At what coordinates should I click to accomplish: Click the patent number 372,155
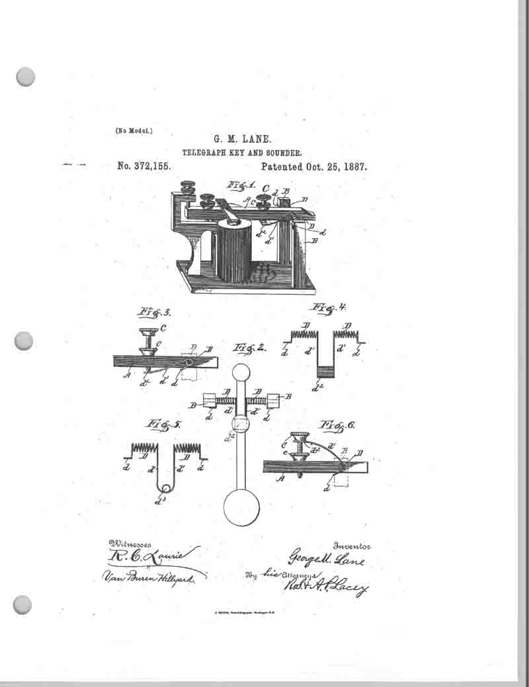pyautogui.click(x=143, y=167)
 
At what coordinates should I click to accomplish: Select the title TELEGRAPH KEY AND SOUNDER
pyautogui.click(x=242, y=153)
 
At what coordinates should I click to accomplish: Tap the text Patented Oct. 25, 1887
pyautogui.click(x=313, y=167)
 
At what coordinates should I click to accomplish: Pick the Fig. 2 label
pyautogui.click(x=251, y=348)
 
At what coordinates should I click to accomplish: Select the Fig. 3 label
pyautogui.click(x=153, y=311)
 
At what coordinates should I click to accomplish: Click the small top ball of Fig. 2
pyautogui.click(x=241, y=372)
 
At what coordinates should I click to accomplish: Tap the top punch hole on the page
pyautogui.click(x=25, y=77)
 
